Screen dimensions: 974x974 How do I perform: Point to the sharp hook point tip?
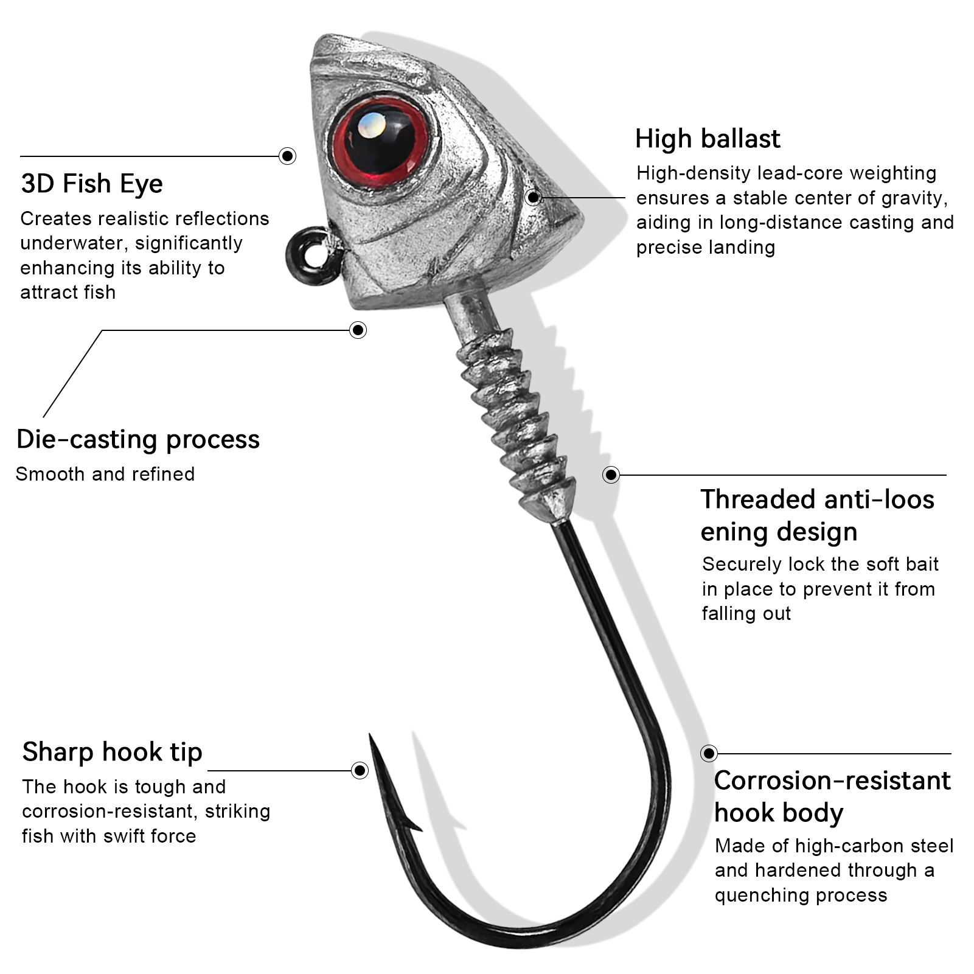coord(370,737)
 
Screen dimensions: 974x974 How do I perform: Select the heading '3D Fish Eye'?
coord(92,184)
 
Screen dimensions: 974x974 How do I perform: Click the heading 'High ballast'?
coord(707,139)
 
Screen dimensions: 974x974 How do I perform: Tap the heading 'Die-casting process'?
coord(138,439)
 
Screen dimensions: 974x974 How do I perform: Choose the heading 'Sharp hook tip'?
coord(112,752)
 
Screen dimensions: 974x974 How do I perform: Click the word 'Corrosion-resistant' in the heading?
coord(832,781)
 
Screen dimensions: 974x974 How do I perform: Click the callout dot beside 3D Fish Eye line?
coord(287,156)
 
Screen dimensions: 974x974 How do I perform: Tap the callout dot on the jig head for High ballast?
coord(534,197)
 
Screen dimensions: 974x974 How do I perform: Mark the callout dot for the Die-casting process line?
coord(358,330)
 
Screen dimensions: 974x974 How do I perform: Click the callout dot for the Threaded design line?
coord(611,475)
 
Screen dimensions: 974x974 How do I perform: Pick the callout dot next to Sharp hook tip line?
coord(360,771)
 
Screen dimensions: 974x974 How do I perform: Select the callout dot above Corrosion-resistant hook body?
coord(709,753)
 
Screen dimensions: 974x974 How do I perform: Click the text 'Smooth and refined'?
coord(105,474)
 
